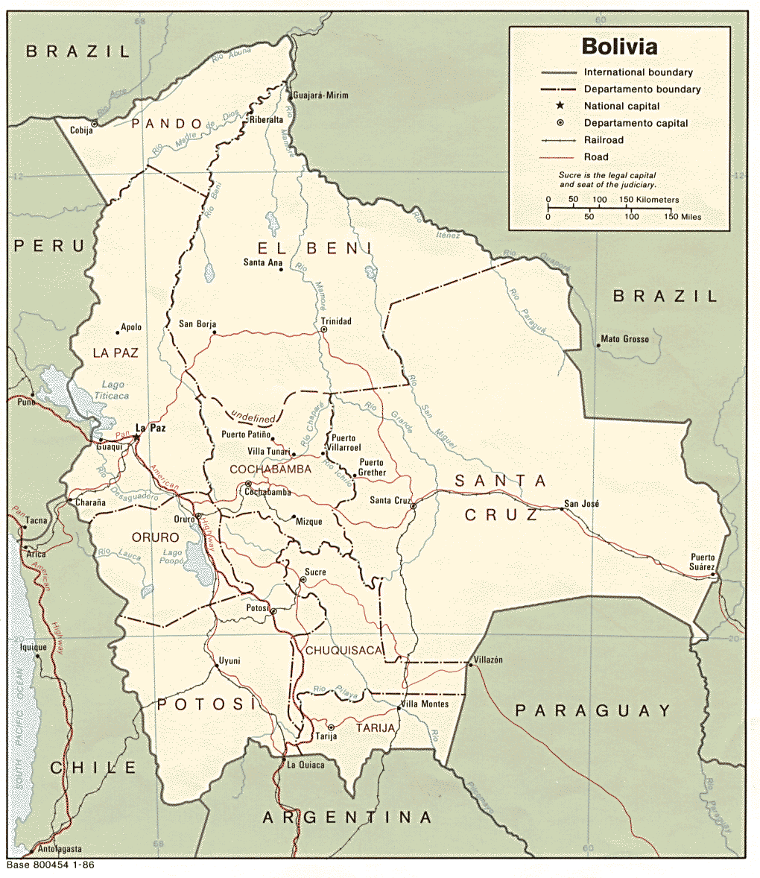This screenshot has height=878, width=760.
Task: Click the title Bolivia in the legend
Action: tap(619, 47)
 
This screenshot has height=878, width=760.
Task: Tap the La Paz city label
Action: tap(151, 428)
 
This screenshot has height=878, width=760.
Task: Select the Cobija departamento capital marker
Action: tap(95, 124)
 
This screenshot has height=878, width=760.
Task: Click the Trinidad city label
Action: tap(336, 321)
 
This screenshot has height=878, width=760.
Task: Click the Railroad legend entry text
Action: tap(604, 140)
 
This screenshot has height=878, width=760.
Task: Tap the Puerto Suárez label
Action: tap(703, 562)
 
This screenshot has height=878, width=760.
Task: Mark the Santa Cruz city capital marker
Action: tap(413, 507)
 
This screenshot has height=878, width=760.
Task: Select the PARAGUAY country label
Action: tap(593, 710)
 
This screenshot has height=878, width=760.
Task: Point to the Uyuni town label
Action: tap(229, 661)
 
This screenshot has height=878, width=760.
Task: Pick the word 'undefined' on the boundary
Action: tap(253, 417)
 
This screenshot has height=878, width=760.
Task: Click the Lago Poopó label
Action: tap(172, 558)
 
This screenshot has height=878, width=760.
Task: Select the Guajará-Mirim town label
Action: tap(321, 95)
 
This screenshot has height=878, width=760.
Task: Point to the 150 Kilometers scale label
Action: tap(649, 200)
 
